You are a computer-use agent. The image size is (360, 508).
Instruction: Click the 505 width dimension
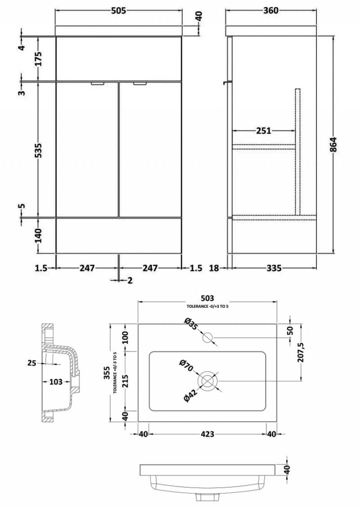point(118,11)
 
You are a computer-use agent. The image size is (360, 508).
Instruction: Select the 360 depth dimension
point(270,11)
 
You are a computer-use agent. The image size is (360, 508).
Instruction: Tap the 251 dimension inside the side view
point(263,130)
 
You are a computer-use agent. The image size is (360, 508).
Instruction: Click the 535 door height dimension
point(38,150)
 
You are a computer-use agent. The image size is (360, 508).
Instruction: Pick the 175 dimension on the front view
point(38,58)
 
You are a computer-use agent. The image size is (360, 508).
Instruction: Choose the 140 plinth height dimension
point(38,235)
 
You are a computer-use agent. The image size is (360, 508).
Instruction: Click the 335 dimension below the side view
point(274,268)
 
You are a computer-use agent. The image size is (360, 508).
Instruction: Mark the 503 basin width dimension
point(207,298)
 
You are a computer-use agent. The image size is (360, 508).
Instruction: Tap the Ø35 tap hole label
point(190,324)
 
